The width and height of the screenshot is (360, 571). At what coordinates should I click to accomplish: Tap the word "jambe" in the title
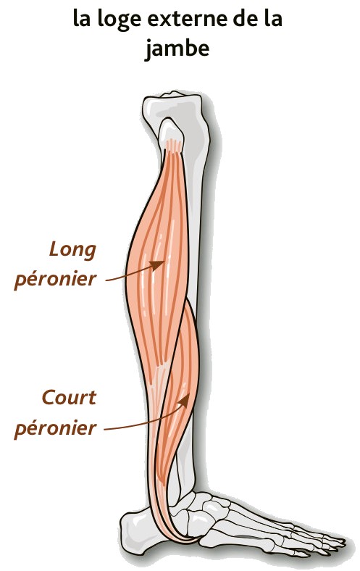tap(177, 49)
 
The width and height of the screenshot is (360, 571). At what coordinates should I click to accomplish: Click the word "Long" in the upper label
tap(73, 251)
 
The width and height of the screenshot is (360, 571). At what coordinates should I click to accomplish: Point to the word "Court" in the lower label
tap(69, 397)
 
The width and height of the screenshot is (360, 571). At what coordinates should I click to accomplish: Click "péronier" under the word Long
tap(55, 280)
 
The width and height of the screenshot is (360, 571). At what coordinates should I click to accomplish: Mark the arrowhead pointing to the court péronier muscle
tap(185, 400)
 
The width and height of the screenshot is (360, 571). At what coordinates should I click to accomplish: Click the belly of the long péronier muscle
tap(157, 255)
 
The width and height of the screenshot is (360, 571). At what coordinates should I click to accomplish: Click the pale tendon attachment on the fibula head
tap(173, 145)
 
